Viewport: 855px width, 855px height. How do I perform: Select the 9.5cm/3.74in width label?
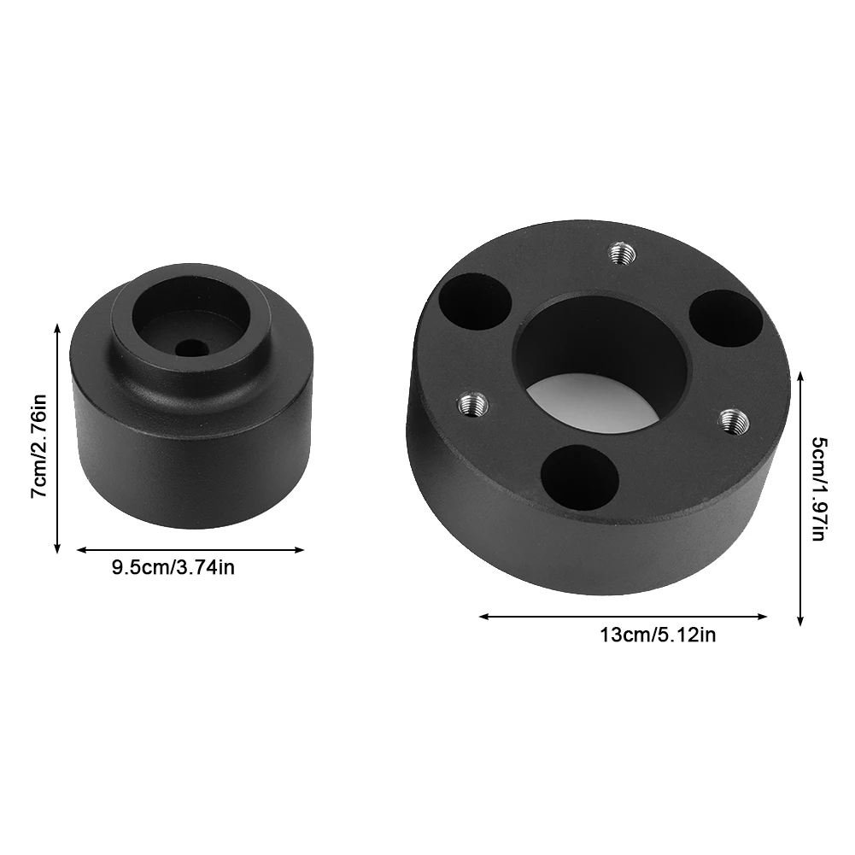(x=173, y=567)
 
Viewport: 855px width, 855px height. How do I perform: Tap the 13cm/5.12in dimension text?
(x=658, y=635)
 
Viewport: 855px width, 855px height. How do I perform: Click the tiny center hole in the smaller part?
(x=190, y=348)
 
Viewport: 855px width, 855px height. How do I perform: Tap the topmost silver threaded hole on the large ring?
(x=619, y=251)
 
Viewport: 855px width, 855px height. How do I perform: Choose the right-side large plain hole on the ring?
(x=723, y=319)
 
